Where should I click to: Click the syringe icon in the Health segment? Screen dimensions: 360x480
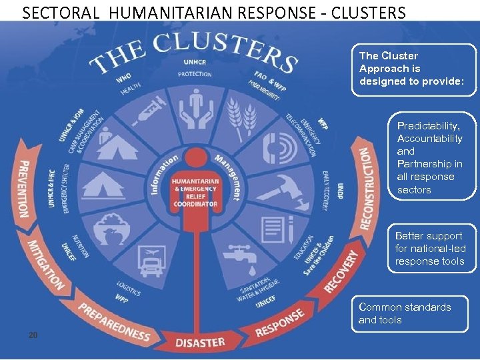148,111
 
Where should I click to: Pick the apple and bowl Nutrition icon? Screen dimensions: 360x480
111,229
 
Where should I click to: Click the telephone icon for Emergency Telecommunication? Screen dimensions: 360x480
275,149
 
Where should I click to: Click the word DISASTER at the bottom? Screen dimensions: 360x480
200,342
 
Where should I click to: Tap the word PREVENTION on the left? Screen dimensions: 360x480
25,189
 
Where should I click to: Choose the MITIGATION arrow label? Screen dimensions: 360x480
45,265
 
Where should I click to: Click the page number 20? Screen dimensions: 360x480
33,334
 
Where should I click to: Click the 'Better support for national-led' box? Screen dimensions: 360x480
430,248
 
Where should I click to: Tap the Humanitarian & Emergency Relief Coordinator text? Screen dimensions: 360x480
195,193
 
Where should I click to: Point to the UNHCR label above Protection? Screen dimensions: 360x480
195,62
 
